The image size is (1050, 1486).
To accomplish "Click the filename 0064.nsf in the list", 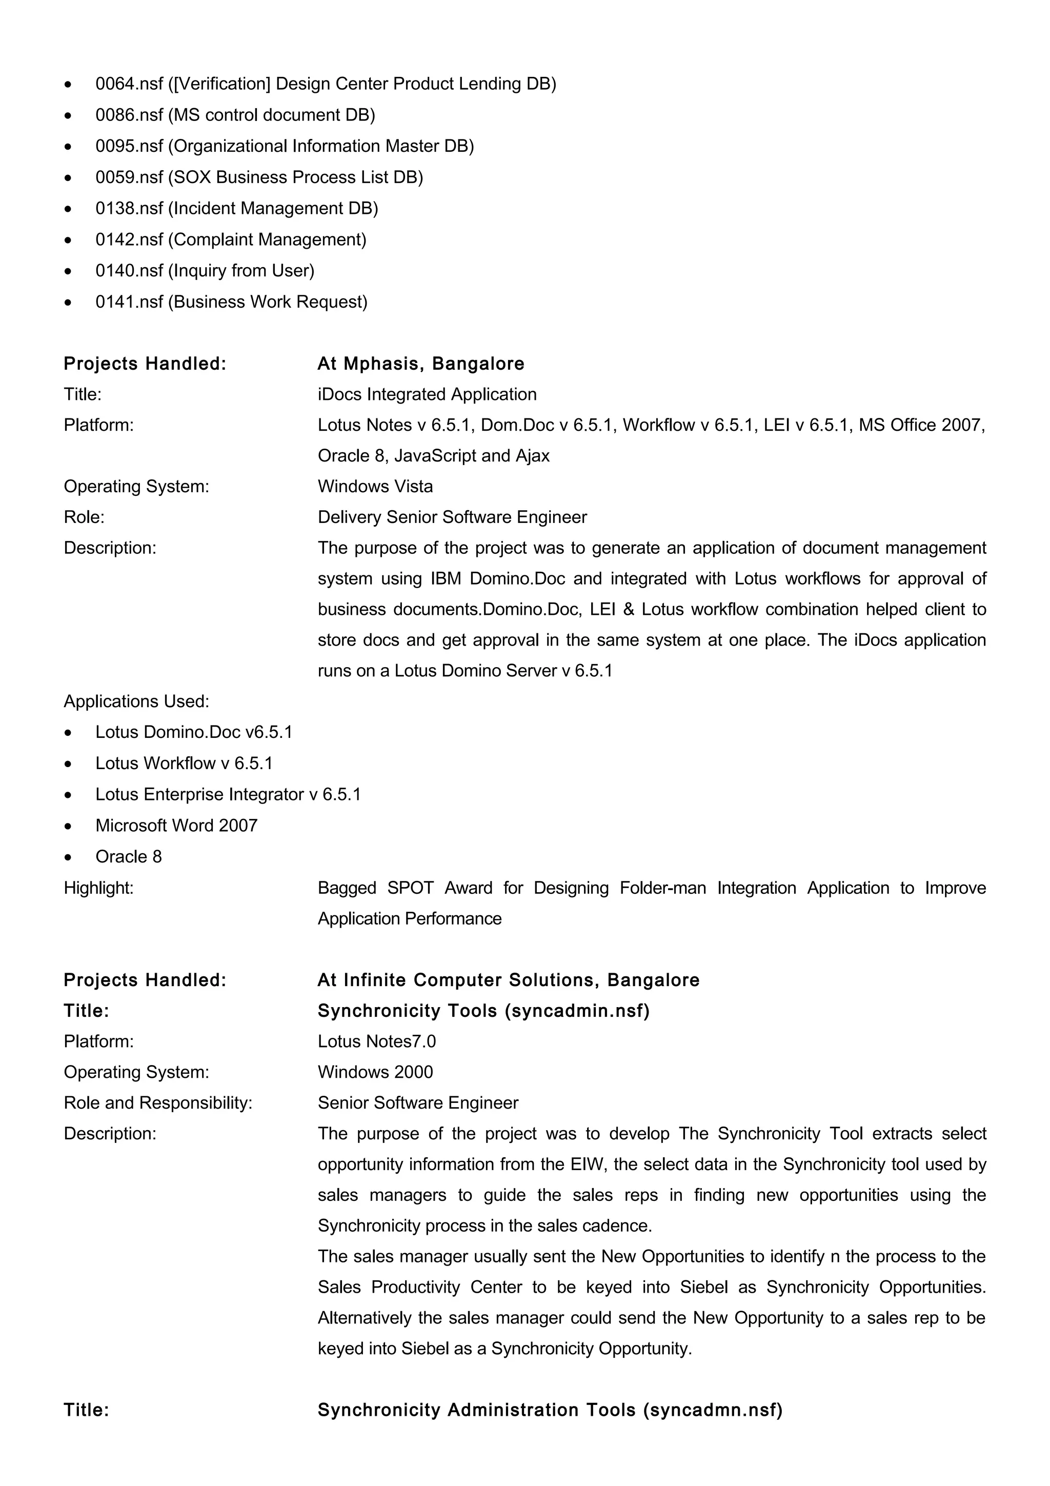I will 129,84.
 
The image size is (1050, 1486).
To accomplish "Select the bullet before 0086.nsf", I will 68,116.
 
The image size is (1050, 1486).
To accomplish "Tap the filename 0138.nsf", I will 129,208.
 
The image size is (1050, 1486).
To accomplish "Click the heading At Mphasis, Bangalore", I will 420,364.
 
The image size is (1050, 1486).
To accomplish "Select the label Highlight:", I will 98,888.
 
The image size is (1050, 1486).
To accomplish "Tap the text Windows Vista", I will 375,487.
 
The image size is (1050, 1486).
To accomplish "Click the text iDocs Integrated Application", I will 427,394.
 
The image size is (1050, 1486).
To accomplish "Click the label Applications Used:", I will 136,701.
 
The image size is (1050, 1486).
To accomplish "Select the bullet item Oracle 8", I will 129,857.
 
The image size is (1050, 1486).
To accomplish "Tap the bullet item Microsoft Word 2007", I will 176,826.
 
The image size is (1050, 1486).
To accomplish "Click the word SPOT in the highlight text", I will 410,888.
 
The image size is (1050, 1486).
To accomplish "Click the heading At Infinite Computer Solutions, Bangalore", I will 509,980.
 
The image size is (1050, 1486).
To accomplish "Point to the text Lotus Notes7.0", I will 376,1041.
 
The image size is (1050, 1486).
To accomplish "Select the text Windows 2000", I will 375,1072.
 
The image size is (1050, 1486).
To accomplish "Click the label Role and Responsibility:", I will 158,1103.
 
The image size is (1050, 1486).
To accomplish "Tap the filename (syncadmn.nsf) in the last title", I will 713,1410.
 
